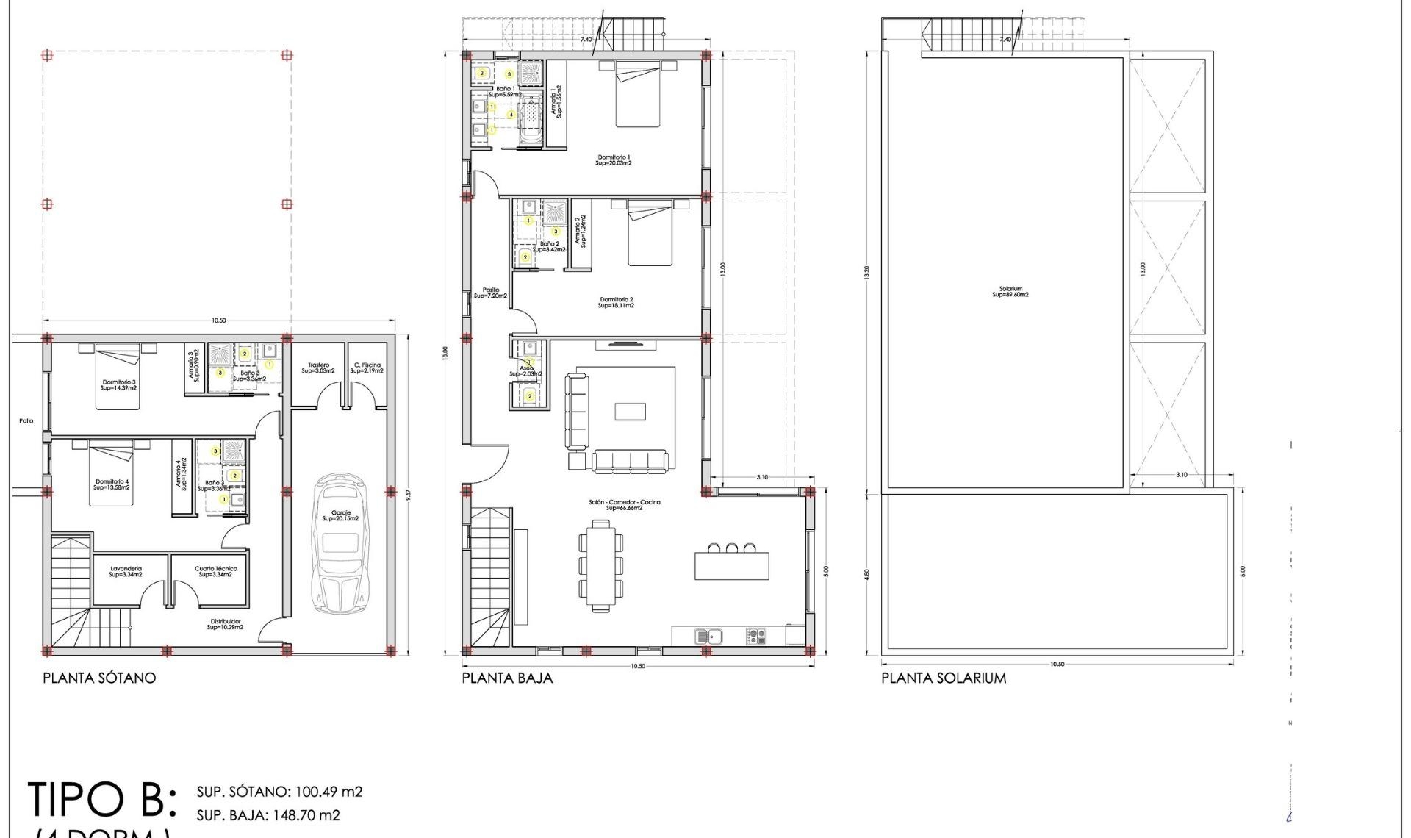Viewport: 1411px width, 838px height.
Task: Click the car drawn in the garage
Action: [339, 544]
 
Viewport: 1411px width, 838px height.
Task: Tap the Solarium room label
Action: [1010, 292]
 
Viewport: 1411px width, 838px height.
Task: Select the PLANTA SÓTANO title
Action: [99, 678]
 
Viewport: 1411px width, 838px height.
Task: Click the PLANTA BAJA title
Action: [507, 678]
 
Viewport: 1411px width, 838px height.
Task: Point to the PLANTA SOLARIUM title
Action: [944, 678]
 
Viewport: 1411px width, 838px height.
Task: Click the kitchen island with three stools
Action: [731, 565]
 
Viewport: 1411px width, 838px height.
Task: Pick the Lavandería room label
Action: [126, 571]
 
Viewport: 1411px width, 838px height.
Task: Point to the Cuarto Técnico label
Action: [215, 571]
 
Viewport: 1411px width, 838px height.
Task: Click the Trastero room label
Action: [318, 368]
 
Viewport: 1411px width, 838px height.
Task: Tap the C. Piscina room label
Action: [367, 368]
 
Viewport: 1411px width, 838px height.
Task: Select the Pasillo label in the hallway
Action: [490, 293]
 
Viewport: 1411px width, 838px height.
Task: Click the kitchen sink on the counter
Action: [709, 636]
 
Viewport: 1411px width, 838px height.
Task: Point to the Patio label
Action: [26, 421]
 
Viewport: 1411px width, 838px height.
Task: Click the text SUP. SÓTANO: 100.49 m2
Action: [279, 792]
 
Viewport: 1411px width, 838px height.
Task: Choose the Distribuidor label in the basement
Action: [225, 624]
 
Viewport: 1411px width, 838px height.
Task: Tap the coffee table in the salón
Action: [630, 411]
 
